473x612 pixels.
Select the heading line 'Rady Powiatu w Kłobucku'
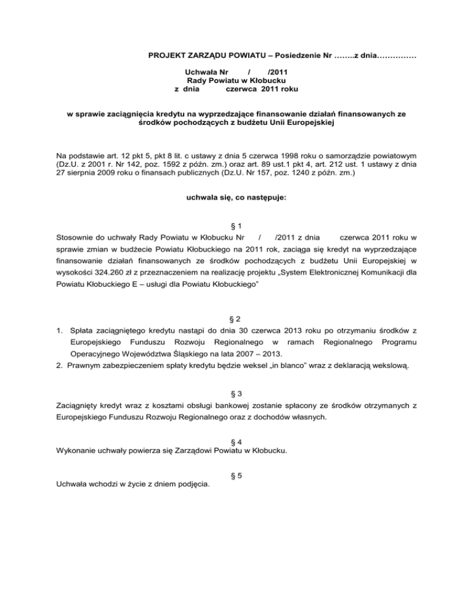[x=236, y=80]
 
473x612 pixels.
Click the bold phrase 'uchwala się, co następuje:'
[x=236, y=198]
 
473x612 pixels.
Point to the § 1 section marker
[x=236, y=226]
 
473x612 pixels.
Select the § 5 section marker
[x=236, y=475]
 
